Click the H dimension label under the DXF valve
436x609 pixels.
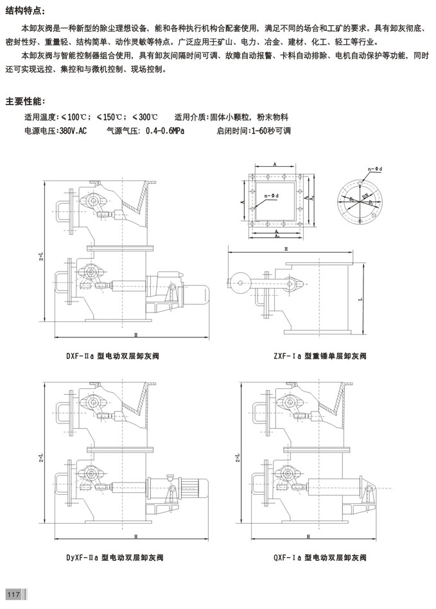pos(135,335)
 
